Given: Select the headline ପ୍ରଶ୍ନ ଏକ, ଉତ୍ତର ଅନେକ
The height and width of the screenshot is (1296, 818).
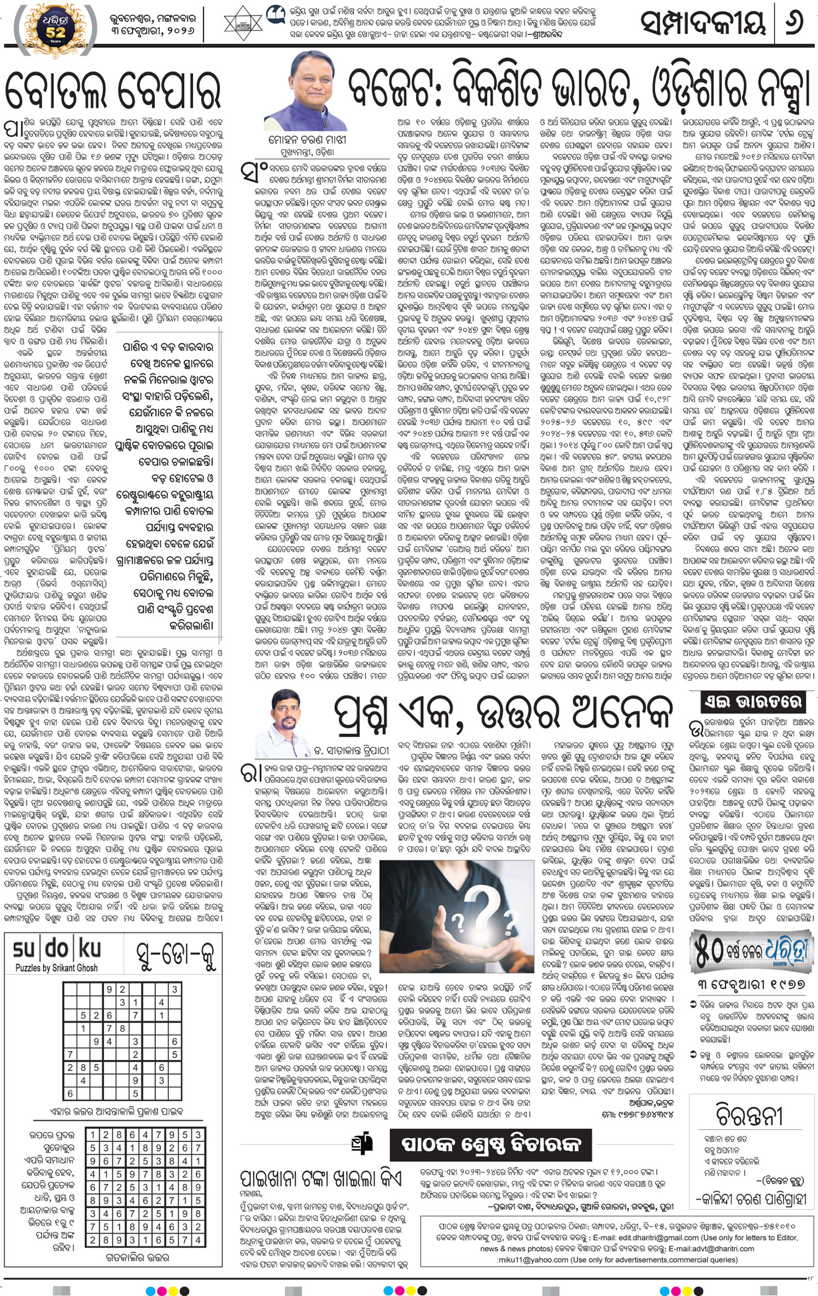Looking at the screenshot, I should point(502,715).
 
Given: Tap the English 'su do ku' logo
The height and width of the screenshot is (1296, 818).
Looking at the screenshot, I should point(57,949).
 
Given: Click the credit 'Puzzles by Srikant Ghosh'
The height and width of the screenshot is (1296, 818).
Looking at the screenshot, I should point(57,968).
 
